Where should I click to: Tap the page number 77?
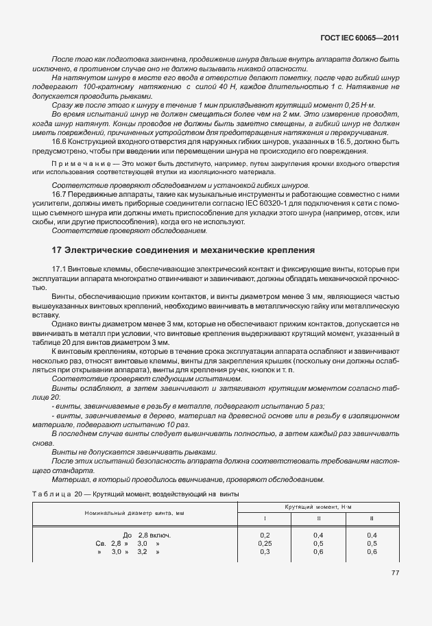(x=394, y=573)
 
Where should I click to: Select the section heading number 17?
(x=57, y=250)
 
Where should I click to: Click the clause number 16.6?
(x=60, y=141)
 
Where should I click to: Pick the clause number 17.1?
(x=60, y=271)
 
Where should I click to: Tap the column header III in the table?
(x=372, y=519)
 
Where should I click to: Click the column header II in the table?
(x=318, y=519)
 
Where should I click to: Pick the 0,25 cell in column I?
(x=265, y=543)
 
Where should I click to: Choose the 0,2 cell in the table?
(x=265, y=535)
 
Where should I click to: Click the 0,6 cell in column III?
(x=372, y=551)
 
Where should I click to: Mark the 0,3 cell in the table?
(x=265, y=551)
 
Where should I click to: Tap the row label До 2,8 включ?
(x=146, y=535)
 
